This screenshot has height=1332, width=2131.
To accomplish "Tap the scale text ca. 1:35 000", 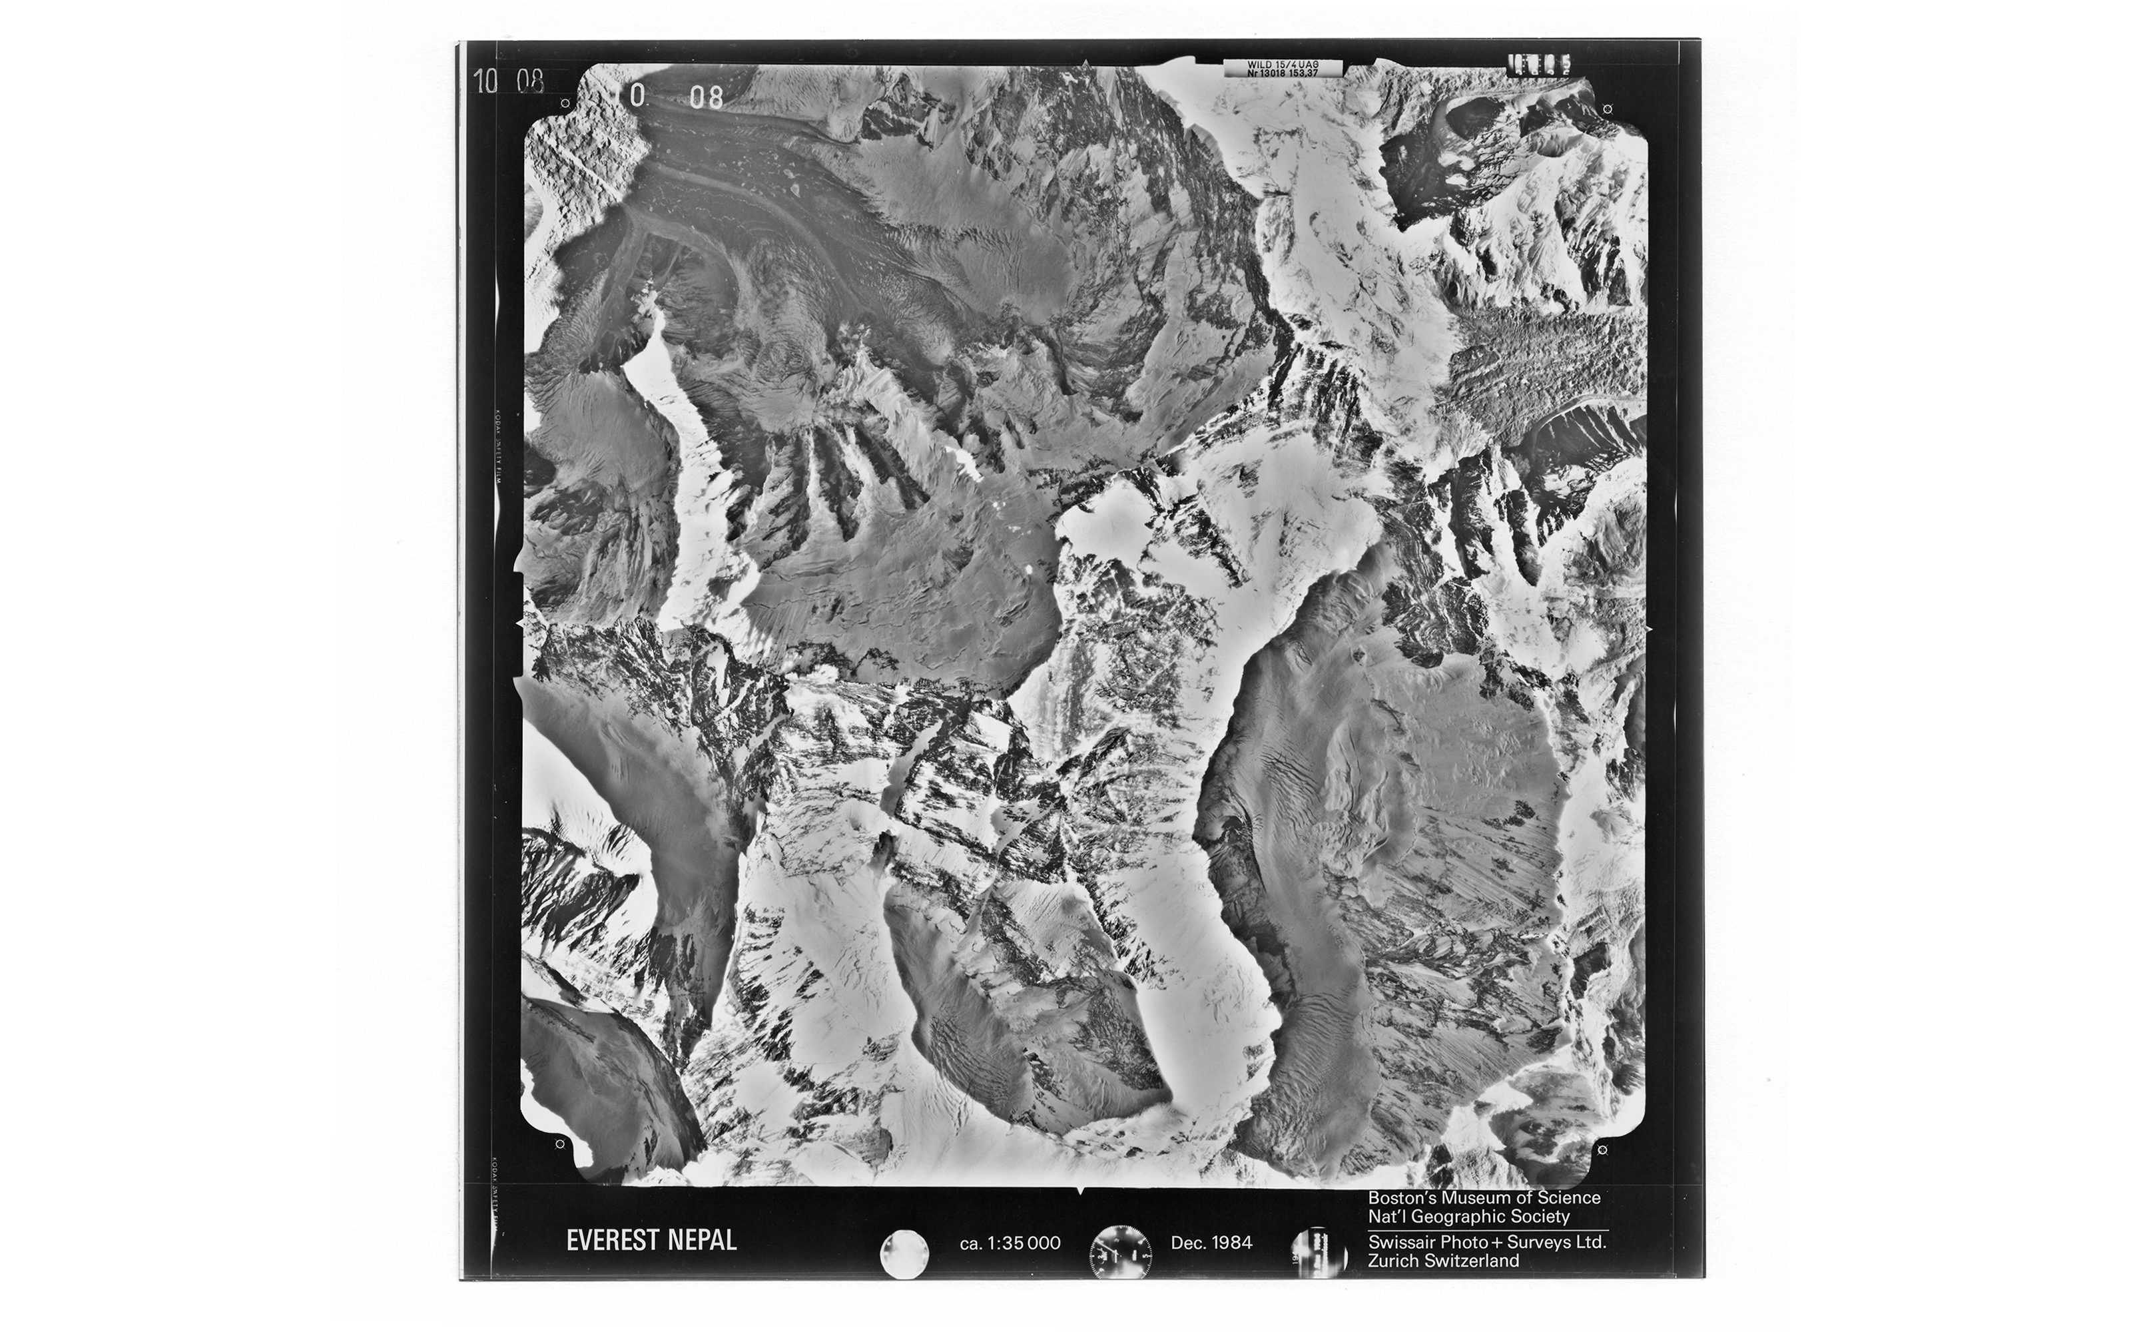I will (1010, 1243).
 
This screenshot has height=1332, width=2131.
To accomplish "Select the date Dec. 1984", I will (1211, 1243).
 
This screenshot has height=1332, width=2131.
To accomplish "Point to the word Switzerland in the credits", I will (1470, 1261).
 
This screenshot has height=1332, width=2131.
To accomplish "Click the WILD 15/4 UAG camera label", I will (1281, 65).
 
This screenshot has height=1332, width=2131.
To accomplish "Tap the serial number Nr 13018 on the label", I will (1269, 74).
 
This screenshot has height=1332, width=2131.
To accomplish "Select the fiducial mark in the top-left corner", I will (565, 104).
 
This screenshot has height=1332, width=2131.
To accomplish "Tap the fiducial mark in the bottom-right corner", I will (1603, 1149).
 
